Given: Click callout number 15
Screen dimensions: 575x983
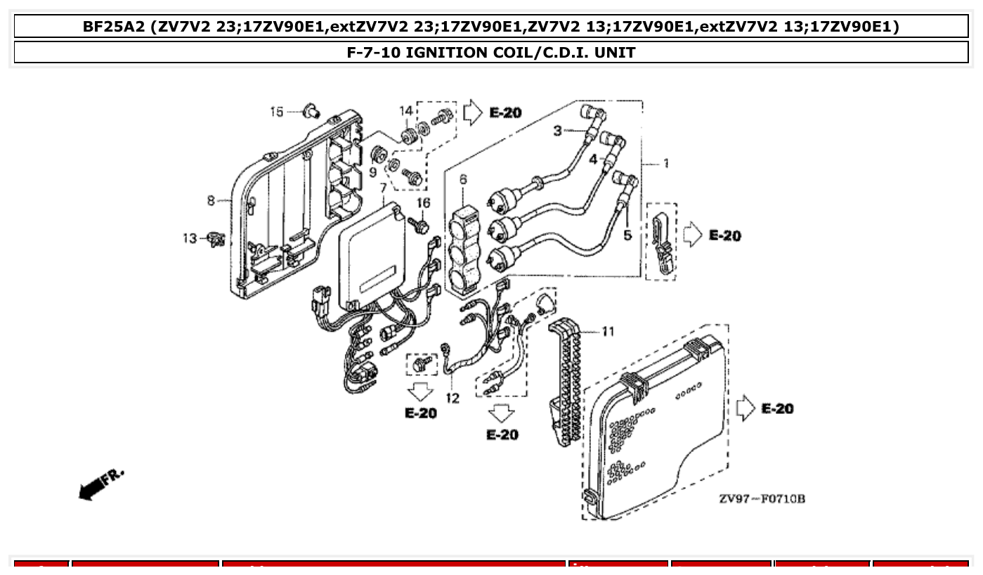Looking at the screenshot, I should tap(277, 112).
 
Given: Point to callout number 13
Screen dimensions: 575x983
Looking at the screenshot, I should tap(190, 239).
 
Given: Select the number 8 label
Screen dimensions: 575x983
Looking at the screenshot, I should tap(211, 201).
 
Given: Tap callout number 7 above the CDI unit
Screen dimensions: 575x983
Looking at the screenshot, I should tap(383, 188).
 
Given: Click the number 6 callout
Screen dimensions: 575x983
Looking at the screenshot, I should tap(463, 180).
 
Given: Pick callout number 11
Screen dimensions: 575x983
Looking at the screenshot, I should tap(608, 331).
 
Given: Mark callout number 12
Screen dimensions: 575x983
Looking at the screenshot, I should tap(452, 399).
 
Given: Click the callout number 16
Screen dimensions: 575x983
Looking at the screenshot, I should tap(423, 202).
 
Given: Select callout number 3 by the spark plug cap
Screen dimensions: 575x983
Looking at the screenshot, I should tap(557, 131).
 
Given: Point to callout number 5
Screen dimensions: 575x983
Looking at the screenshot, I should tap(627, 235).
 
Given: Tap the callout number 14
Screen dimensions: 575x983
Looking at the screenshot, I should tap(406, 110).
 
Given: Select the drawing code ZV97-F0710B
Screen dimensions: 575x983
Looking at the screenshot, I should tap(762, 499).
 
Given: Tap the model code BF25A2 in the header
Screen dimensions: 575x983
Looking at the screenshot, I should tap(112, 27).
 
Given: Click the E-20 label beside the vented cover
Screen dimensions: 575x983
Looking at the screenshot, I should tap(777, 408).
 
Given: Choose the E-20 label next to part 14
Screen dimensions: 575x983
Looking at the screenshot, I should tap(505, 112).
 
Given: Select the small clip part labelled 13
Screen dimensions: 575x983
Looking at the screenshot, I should tap(216, 240).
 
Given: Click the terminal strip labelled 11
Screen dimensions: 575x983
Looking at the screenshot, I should tap(566, 380).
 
